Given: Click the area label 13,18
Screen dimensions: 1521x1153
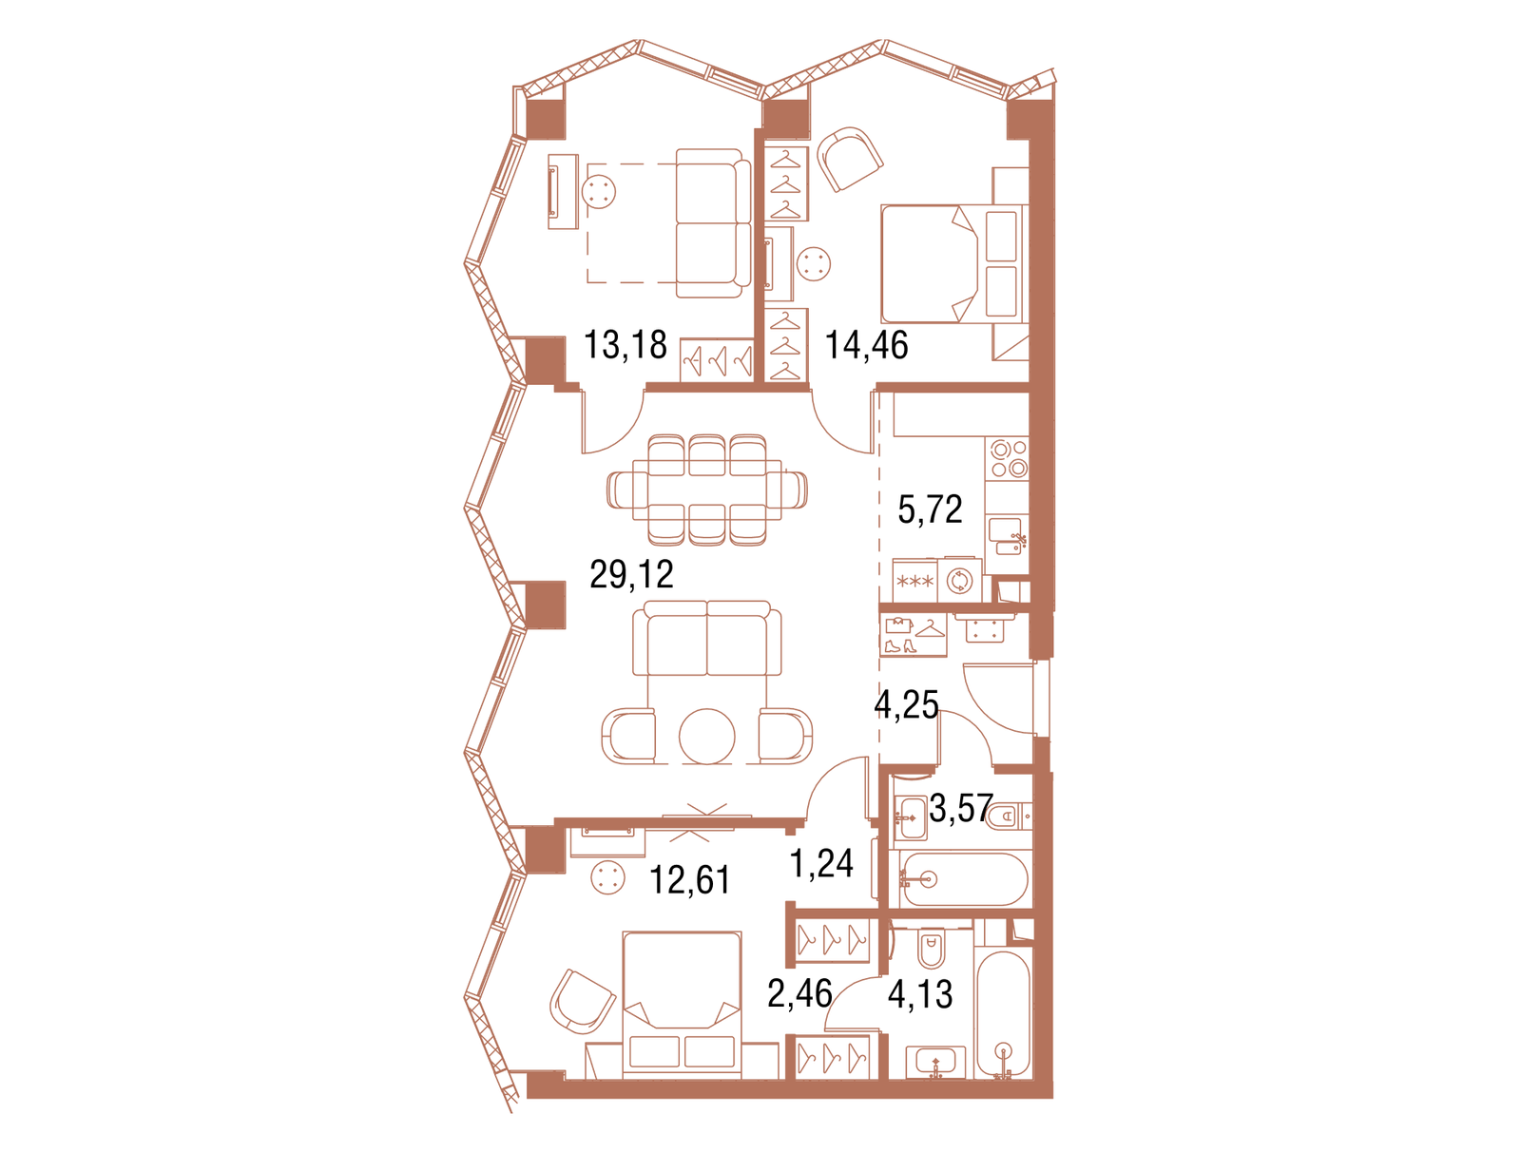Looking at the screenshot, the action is pos(625,344).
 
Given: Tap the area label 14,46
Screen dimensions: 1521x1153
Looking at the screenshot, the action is pos(866,344).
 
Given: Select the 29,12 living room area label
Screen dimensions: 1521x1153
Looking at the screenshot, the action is pos(631,574).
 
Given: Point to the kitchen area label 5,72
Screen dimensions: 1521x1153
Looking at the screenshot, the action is pos(930,509).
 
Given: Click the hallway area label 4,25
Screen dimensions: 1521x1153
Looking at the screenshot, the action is pos(906,704).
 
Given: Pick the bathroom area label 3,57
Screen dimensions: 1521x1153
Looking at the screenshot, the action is pos(961,808).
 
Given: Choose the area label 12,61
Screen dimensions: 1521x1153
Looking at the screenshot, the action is pos(689,880).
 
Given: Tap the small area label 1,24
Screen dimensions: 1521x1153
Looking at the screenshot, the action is pos(822,863).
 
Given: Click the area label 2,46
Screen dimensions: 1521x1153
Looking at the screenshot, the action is pos(799,993).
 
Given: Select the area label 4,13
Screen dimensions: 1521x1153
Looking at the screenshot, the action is pos(920,994).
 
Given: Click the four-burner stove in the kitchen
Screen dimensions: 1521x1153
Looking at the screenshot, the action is pos(1009,458).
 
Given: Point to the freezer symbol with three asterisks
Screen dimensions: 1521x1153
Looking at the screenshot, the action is pos(915,581).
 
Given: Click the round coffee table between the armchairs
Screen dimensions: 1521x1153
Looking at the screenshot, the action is pos(706,736).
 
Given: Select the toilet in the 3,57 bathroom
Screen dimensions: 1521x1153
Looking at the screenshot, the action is pos(1009,817).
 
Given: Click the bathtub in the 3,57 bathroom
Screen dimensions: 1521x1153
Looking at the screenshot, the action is pos(964,878).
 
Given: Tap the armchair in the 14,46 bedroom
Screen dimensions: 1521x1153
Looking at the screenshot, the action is pos(850,159).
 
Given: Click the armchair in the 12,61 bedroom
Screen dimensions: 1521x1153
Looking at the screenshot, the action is pos(582,1002).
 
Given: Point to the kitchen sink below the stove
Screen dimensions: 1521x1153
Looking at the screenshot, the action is pos(1009,535).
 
